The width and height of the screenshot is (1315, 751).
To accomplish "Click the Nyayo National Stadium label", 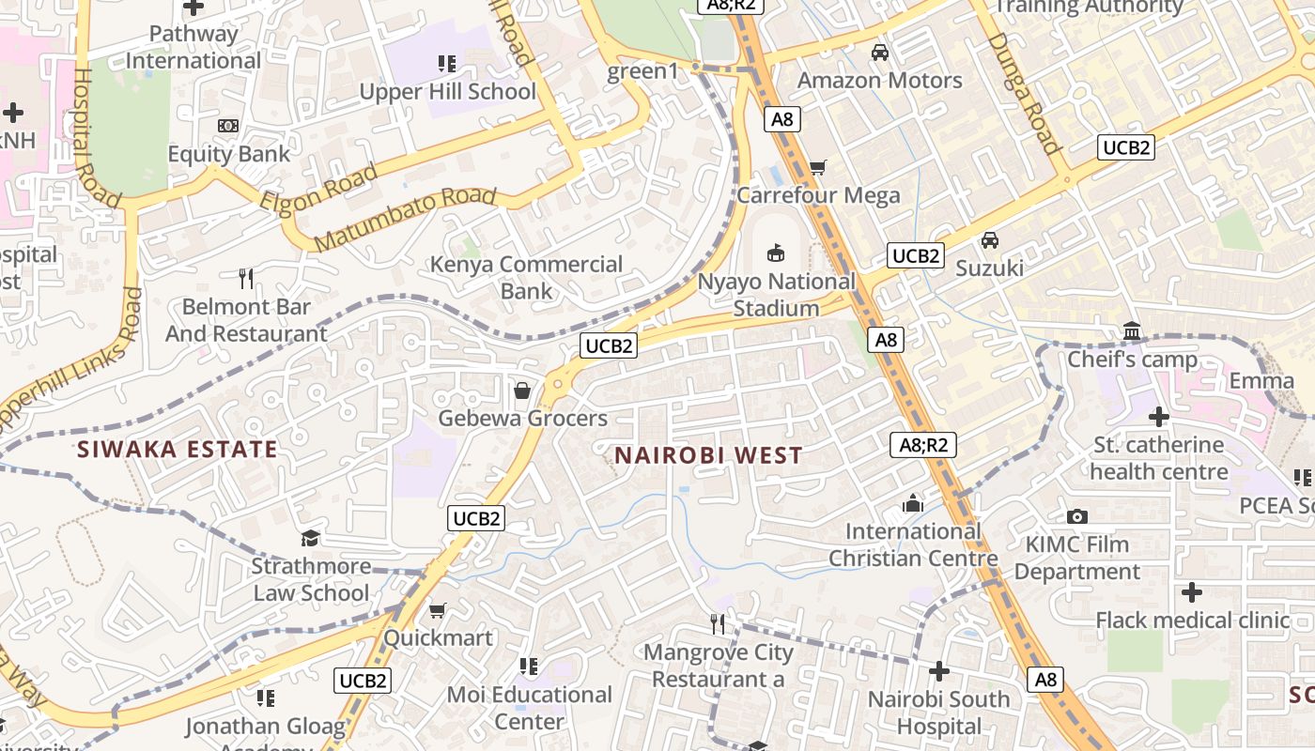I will pyautogui.click(x=776, y=295).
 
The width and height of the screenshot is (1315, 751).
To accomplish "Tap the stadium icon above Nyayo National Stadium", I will pyautogui.click(x=776, y=252).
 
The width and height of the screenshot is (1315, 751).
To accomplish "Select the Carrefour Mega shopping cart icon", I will pyautogui.click(x=817, y=168).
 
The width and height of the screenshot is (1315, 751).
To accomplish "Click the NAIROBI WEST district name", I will pyautogui.click(x=708, y=456).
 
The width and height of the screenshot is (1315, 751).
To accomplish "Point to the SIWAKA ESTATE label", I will pyautogui.click(x=177, y=449).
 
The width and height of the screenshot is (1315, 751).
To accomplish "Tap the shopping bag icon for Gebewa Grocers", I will pyautogui.click(x=522, y=391).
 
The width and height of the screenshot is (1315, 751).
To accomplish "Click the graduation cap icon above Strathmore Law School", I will pyautogui.click(x=310, y=538).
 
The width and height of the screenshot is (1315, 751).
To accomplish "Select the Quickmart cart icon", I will pyautogui.click(x=437, y=611).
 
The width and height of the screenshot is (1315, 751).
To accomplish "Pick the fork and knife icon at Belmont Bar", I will pyautogui.click(x=246, y=278).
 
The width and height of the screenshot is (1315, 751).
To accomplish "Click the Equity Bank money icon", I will pyautogui.click(x=228, y=126).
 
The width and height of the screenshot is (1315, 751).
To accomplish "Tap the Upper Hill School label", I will pyautogui.click(x=447, y=92).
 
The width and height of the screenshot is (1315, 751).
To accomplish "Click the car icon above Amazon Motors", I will pyautogui.click(x=880, y=53).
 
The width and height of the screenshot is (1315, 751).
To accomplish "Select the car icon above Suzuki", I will pyautogui.click(x=989, y=240).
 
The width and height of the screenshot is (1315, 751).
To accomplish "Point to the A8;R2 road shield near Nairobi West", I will pyautogui.click(x=923, y=444).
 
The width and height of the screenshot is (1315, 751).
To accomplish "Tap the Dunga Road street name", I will pyautogui.click(x=1023, y=93).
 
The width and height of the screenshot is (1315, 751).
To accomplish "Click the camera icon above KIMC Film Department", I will pyautogui.click(x=1077, y=516).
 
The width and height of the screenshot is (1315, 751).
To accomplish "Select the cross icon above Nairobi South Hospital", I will pyautogui.click(x=938, y=671).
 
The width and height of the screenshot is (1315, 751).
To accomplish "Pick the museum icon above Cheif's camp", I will pyautogui.click(x=1132, y=331).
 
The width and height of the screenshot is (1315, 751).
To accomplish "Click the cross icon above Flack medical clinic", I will pyautogui.click(x=1192, y=592).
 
